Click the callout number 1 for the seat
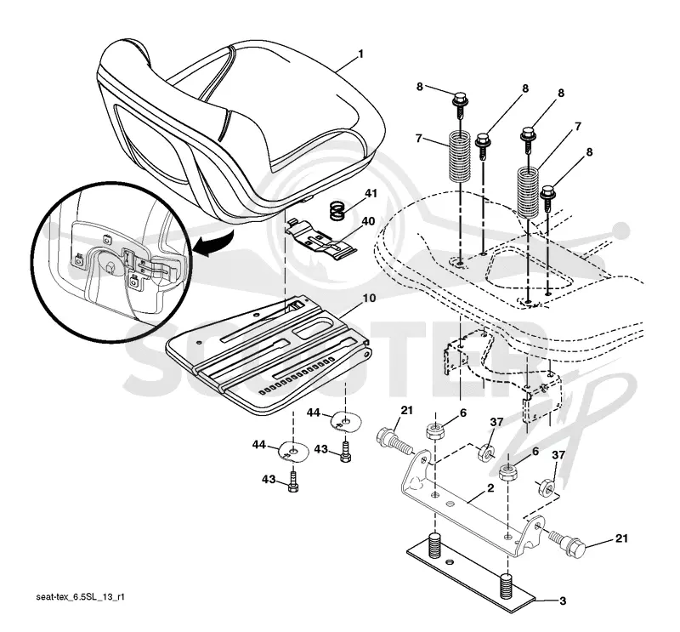click(x=360, y=54)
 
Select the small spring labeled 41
click(x=338, y=210)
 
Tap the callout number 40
click(x=368, y=221)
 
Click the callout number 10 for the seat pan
click(x=370, y=299)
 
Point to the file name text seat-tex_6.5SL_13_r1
click(x=80, y=597)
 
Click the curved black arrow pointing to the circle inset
click(x=212, y=244)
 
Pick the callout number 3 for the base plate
click(x=563, y=601)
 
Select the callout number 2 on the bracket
click(x=490, y=488)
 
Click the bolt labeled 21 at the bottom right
click(x=567, y=544)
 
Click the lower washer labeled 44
click(x=293, y=452)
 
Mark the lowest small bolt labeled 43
click(x=293, y=482)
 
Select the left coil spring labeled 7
click(x=460, y=156)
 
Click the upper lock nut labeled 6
click(x=433, y=430)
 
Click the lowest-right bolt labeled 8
click(x=547, y=198)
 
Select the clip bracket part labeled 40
click(x=322, y=240)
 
